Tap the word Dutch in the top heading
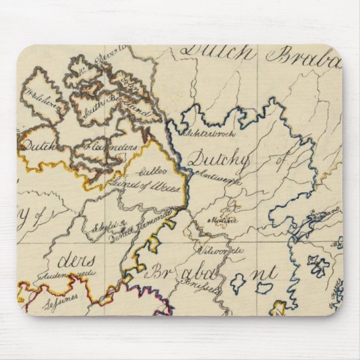(217, 54)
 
